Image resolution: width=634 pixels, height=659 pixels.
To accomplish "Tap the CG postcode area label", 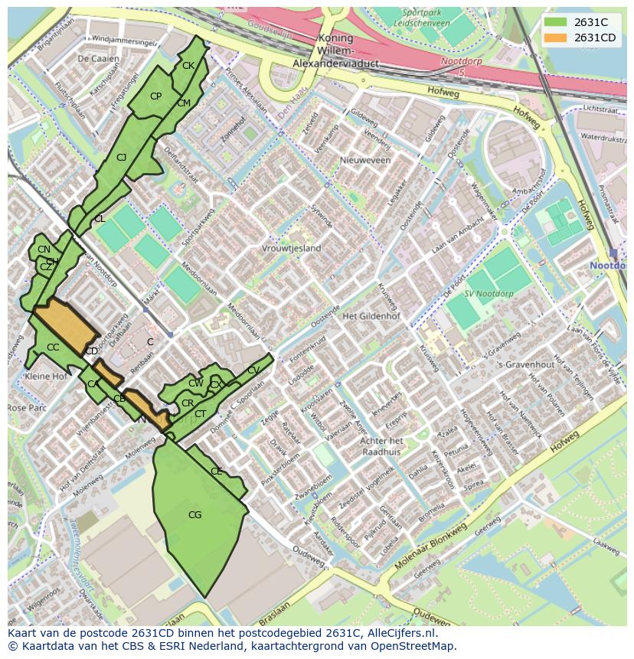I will click(194, 515).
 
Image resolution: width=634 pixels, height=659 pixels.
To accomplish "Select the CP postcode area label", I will click(155, 96).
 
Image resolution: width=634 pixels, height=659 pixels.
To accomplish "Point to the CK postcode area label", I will click(188, 66).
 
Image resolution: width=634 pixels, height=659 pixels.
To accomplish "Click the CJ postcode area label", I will click(121, 158).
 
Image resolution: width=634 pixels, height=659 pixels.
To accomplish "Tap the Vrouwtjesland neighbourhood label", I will click(292, 249).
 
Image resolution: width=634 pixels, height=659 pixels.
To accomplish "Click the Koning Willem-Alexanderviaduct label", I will click(335, 51).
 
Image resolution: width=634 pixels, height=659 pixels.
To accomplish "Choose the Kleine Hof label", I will click(46, 377).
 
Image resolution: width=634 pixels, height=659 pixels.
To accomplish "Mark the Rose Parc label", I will click(27, 408).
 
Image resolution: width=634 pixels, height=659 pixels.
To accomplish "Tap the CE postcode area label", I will click(216, 471).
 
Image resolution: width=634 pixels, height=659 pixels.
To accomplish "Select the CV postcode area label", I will click(253, 370).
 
